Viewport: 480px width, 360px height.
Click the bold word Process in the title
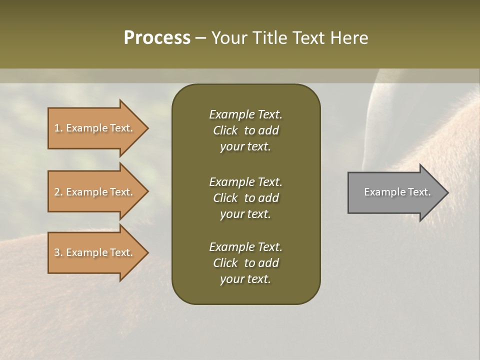point(157,38)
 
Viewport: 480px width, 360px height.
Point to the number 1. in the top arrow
point(58,128)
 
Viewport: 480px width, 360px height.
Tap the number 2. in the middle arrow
point(58,192)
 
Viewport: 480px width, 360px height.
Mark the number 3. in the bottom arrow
point(58,252)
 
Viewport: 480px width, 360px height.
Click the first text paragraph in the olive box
point(245,130)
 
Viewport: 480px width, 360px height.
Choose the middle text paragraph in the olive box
point(245,197)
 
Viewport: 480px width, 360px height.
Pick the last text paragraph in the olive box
point(245,263)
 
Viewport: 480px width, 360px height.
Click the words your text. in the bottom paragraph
point(245,279)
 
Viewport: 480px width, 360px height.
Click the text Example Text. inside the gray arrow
point(397,192)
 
